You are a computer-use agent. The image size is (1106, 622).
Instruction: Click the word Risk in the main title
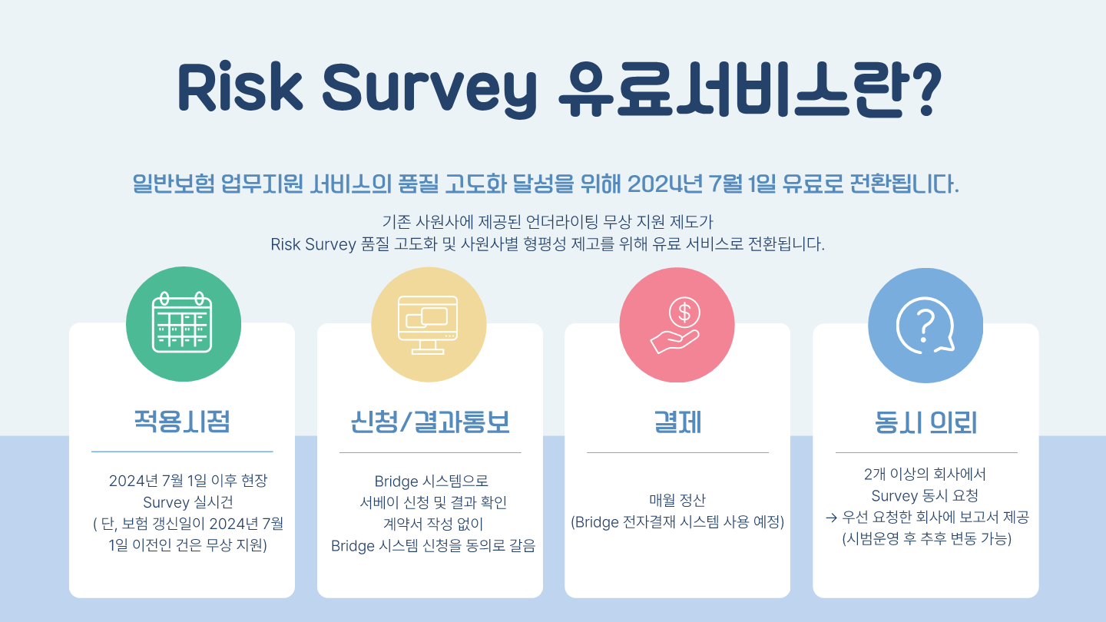(x=240, y=87)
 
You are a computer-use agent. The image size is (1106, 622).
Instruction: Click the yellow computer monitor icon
(x=428, y=325)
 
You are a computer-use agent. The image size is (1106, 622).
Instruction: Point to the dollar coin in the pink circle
(x=684, y=313)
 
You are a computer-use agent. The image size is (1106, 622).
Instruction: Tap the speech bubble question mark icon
(x=925, y=326)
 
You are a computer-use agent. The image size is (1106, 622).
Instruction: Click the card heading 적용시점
(x=182, y=421)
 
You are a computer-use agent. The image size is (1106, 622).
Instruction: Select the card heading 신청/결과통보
(x=430, y=422)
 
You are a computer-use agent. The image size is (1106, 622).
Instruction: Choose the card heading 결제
(x=677, y=422)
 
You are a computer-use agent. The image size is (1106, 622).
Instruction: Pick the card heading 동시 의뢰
(x=926, y=422)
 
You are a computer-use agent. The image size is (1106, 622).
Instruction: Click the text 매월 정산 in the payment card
(x=677, y=500)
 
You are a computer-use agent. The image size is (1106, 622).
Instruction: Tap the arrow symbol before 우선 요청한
(x=832, y=518)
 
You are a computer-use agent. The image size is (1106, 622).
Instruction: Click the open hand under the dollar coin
(x=674, y=341)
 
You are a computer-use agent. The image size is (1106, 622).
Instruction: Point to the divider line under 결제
(x=677, y=452)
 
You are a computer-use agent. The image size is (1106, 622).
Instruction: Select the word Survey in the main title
(x=429, y=89)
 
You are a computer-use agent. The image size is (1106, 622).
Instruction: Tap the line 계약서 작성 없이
(x=433, y=524)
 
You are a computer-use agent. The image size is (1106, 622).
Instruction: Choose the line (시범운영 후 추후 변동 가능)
(x=927, y=538)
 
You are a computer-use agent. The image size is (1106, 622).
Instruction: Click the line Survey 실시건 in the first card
(x=187, y=502)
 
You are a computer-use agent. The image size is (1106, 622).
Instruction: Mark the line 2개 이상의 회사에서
(x=925, y=474)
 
